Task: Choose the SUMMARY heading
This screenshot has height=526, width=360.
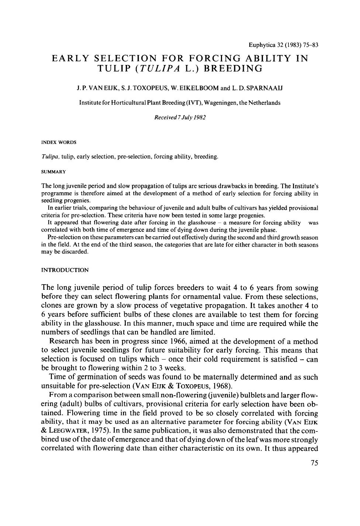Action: pyautogui.click(x=53, y=172)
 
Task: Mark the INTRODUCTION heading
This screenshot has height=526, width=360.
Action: pyautogui.click(x=65, y=270)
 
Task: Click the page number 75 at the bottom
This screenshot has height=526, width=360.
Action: pyautogui.click(x=314, y=463)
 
